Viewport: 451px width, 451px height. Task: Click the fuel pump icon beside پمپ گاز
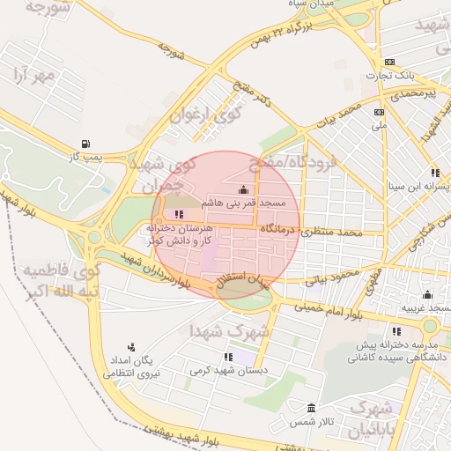(85, 144)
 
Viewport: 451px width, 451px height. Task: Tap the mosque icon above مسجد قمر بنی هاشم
(243, 190)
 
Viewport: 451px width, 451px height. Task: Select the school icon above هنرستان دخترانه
(179, 214)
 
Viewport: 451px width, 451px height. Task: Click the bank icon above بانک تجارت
(391, 62)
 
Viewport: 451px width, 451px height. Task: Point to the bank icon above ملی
(380, 112)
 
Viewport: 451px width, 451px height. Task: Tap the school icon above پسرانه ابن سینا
(434, 174)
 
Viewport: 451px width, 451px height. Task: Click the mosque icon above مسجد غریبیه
(427, 294)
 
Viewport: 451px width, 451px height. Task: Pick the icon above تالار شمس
(311, 409)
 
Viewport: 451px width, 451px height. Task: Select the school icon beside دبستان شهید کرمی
(228, 358)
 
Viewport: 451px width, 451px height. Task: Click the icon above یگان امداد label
(131, 346)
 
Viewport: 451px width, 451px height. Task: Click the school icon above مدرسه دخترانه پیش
(396, 331)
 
